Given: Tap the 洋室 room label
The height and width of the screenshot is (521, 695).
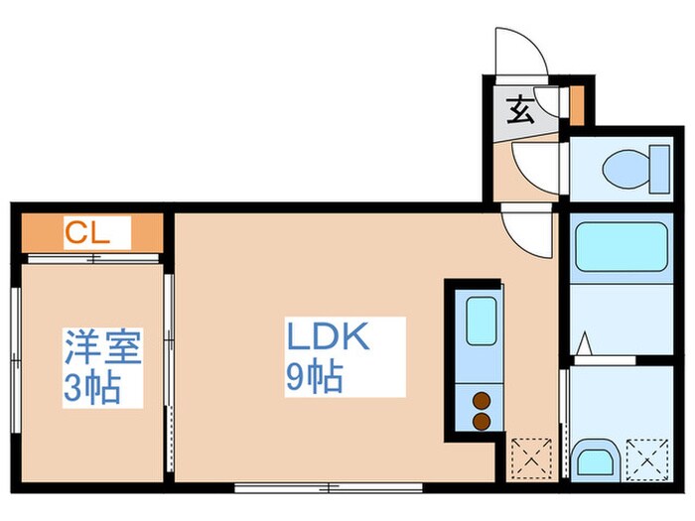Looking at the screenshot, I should pos(100,346).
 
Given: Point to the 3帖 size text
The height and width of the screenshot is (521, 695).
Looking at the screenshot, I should pos(92,388).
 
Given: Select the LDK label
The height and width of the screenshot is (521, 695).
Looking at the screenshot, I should pos(328,337).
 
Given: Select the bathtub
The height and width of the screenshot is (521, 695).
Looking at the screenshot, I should pos(621,247).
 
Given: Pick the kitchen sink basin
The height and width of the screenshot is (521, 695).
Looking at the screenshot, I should pos(481,321).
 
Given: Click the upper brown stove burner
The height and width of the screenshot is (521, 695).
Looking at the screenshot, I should pos(482,402).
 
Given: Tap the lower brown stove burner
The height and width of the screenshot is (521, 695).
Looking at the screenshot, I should pos(482,421).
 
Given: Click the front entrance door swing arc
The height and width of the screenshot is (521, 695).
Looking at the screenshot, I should pos(518,53).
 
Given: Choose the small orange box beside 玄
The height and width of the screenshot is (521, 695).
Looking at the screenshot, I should pos(577,105).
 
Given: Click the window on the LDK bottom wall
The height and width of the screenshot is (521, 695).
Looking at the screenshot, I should pos(328,486).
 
